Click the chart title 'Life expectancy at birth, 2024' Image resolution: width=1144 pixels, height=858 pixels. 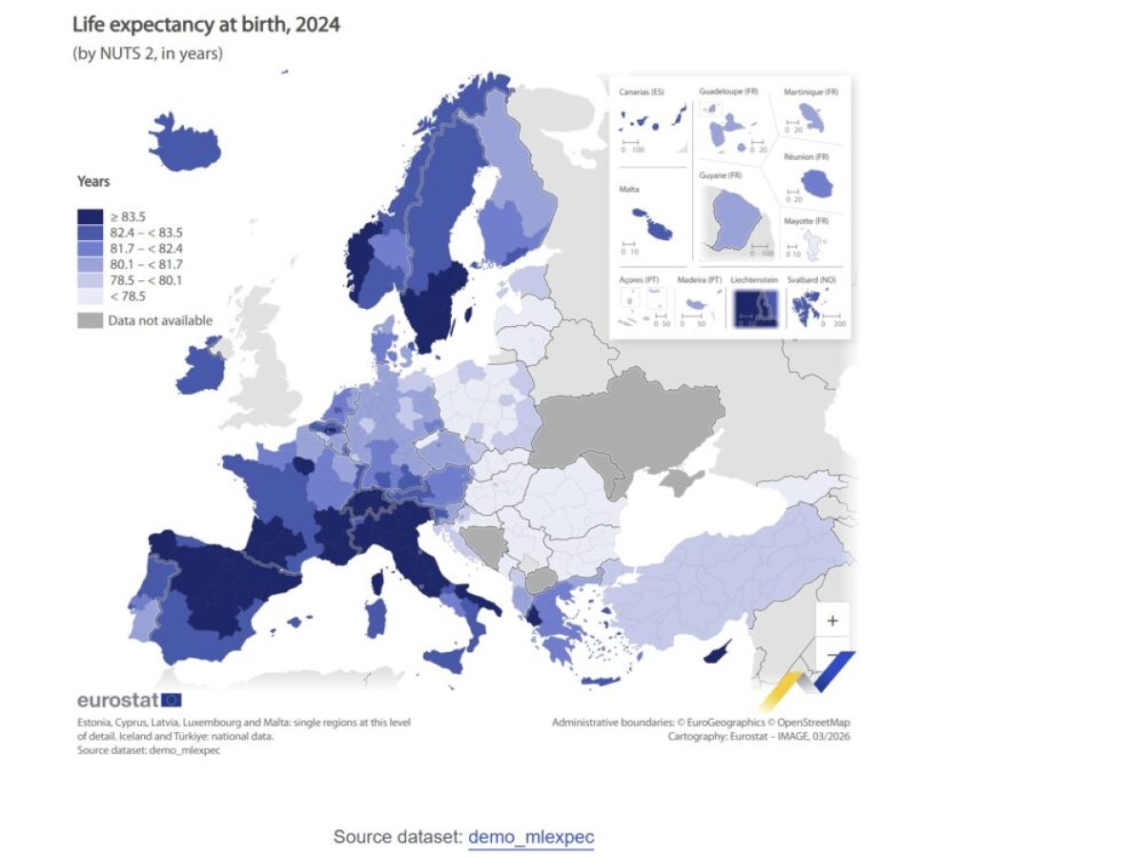click(x=206, y=25)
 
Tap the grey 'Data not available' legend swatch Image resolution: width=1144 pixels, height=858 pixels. click(x=91, y=321)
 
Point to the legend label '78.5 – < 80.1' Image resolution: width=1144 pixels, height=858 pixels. click(x=145, y=280)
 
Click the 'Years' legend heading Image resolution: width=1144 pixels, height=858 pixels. click(x=93, y=181)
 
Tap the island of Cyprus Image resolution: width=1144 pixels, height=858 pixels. click(x=716, y=651)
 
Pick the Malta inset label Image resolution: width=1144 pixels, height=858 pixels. click(x=629, y=190)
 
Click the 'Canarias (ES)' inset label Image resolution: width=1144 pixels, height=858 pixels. click(x=642, y=92)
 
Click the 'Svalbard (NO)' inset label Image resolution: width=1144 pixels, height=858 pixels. click(x=812, y=279)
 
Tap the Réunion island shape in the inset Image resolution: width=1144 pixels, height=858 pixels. click(x=816, y=182)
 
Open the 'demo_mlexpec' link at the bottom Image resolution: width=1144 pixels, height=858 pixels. click(x=531, y=837)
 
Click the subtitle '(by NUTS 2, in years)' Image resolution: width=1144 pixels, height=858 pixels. click(x=148, y=53)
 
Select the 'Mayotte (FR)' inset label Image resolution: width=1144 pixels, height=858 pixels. click(x=807, y=221)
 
